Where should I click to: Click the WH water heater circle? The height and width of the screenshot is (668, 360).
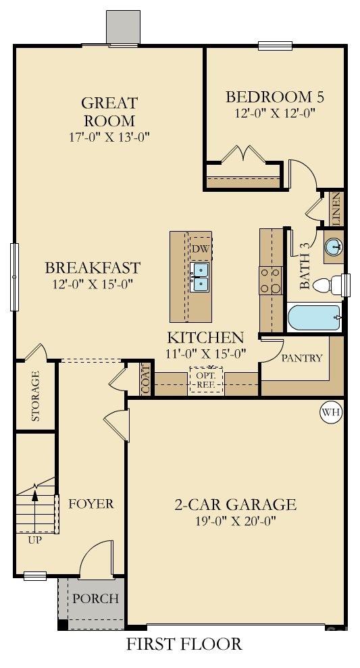331,412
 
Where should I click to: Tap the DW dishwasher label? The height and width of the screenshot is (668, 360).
199,249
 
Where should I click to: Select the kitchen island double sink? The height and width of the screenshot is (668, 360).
200,278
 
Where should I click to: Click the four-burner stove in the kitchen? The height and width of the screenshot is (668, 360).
270,280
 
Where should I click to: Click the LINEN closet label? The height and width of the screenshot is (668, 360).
336,209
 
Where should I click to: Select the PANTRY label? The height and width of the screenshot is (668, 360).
302,358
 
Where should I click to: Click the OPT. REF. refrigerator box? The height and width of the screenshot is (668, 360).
205,380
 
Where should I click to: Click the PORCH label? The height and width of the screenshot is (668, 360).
95,598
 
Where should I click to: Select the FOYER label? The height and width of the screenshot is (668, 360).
91,504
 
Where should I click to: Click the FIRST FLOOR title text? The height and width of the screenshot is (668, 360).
184,644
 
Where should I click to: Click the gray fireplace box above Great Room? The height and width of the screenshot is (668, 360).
122,28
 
